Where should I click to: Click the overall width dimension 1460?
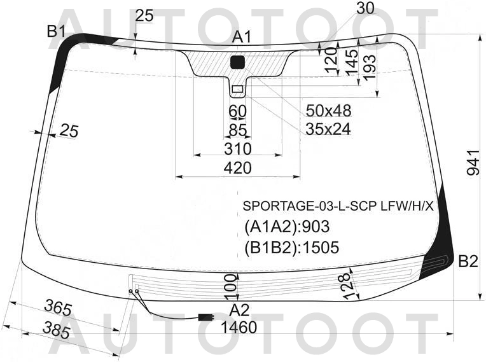pos(239,327)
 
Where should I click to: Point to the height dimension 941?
pos(473,163)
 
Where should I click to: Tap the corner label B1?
pos(56,31)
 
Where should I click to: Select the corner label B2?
pos(468,262)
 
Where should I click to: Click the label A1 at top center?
pos(242,37)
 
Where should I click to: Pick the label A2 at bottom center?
pos(240,310)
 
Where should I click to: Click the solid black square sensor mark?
pos(238,62)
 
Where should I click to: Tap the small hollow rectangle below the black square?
pos(237,89)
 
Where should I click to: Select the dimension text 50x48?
pos(328,110)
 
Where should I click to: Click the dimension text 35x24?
pos(328,129)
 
